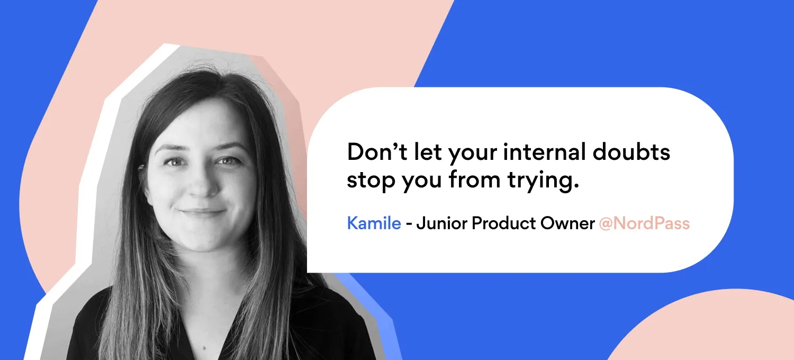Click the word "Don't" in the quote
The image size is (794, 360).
(x=377, y=152)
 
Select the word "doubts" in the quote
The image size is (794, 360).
(x=631, y=152)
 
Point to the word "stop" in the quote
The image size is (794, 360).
(x=371, y=181)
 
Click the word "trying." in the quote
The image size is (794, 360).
(x=543, y=181)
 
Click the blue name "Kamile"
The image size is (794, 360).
(x=374, y=223)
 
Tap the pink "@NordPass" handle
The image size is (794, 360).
(x=644, y=223)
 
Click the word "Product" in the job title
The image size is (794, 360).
(x=504, y=223)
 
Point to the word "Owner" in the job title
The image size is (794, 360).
(x=567, y=223)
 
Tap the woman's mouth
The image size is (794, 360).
(x=202, y=212)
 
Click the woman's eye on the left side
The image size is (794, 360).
(x=174, y=163)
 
